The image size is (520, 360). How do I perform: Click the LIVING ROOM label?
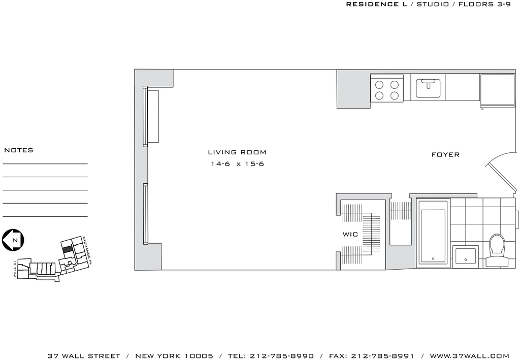(x=237, y=152)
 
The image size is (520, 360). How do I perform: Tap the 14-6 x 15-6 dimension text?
(x=238, y=164)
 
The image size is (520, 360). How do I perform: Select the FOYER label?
(x=445, y=154)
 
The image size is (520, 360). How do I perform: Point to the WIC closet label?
(x=350, y=235)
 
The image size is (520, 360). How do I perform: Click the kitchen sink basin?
(x=428, y=88)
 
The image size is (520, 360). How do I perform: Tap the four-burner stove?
(x=386, y=88)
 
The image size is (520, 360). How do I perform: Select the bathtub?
(x=433, y=233)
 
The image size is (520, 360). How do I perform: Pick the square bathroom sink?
(x=466, y=256)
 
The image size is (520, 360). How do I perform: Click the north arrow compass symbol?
(x=13, y=240)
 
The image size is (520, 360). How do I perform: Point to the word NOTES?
(x=19, y=150)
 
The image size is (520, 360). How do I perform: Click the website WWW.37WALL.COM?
(x=470, y=356)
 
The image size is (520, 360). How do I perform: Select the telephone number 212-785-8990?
(x=281, y=356)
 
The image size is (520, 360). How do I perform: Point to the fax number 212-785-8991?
(x=382, y=356)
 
